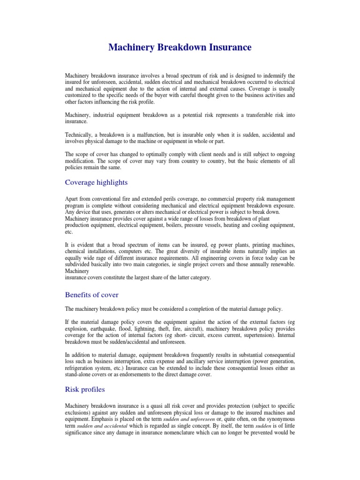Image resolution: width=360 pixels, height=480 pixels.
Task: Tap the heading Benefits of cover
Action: [91, 295]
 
